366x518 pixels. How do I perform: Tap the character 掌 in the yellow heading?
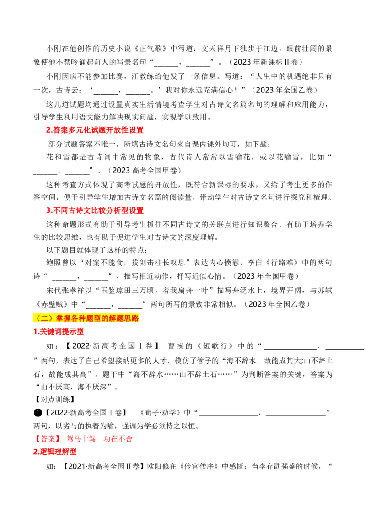60,318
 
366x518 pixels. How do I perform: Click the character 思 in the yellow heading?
128,318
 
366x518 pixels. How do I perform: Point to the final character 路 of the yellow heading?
135,318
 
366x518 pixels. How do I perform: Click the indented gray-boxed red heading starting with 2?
95,130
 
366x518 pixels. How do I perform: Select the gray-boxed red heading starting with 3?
95,210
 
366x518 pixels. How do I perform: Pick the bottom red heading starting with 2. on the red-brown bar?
55,451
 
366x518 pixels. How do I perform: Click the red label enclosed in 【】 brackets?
47,438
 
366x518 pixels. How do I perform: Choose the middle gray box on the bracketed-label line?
82,438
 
